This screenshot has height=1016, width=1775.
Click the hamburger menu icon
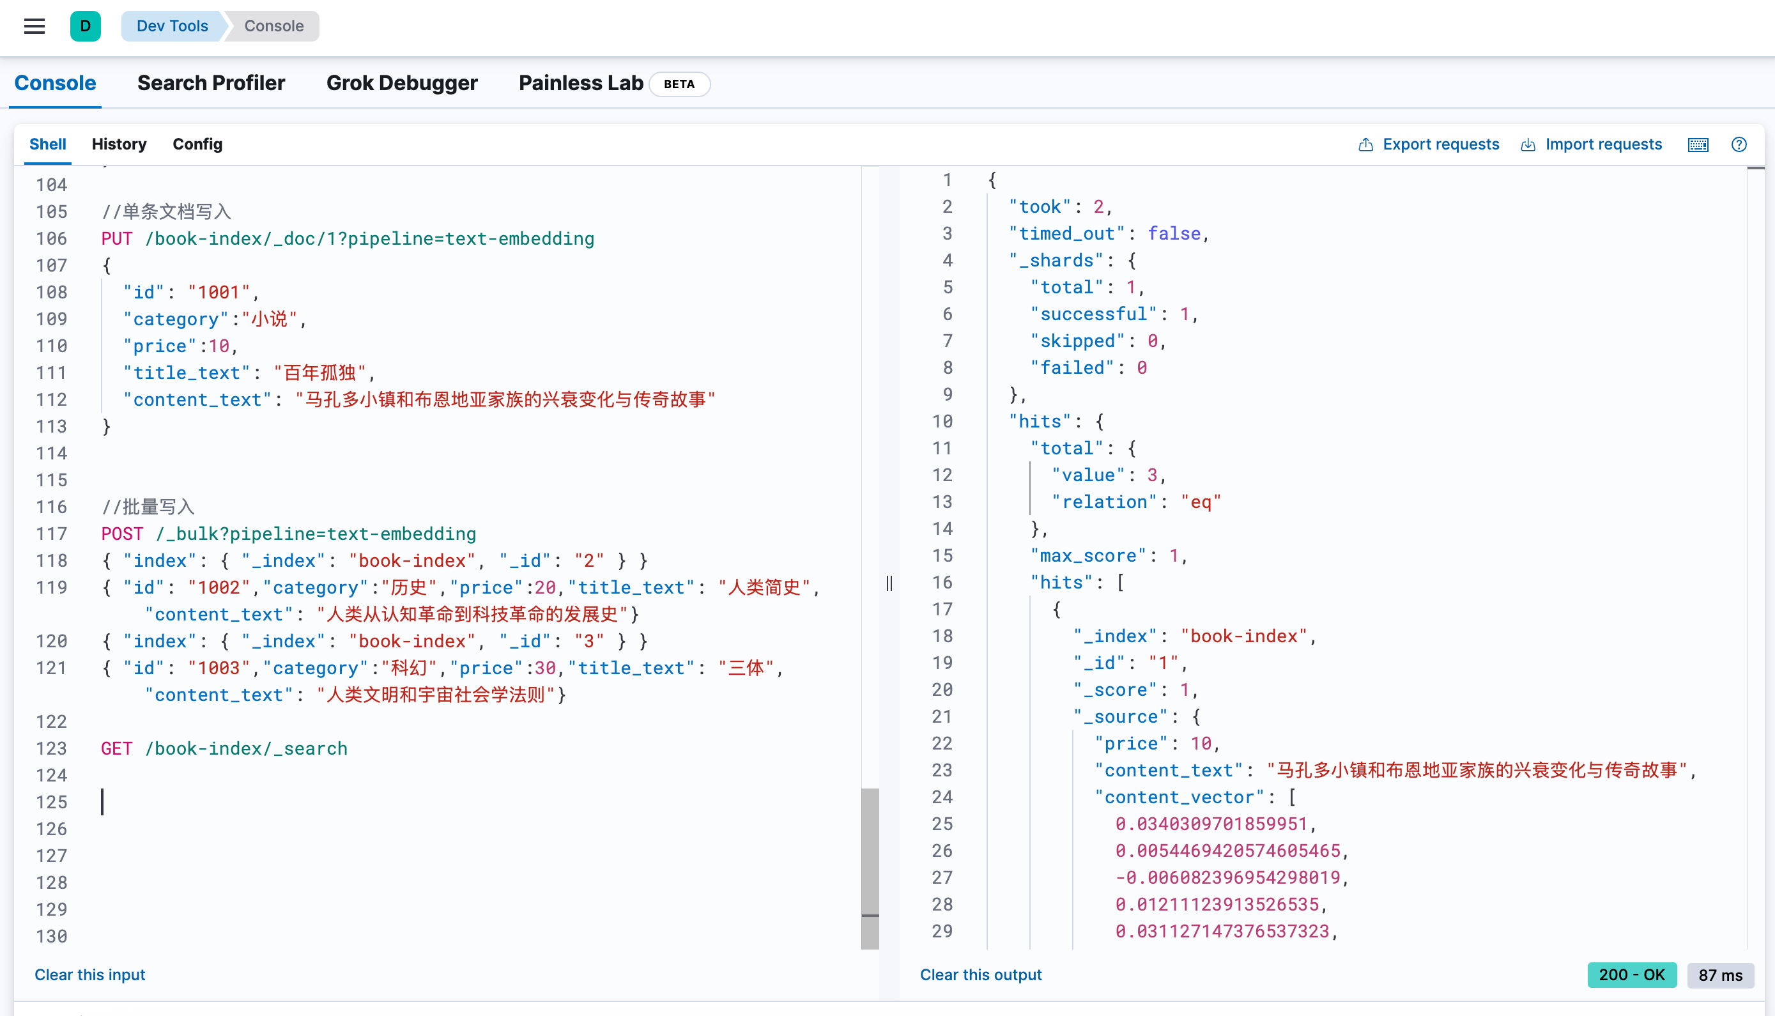35,26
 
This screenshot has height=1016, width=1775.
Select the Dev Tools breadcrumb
173,26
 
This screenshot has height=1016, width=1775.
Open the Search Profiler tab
211,83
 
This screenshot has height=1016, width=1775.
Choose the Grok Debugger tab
402,83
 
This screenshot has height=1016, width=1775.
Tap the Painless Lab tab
581,83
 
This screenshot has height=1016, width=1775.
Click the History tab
119,144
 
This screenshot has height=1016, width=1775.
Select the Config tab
197,144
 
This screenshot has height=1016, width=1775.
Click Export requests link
1428,144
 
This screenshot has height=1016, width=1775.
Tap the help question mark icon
1739,144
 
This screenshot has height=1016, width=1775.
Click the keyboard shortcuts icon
1698,144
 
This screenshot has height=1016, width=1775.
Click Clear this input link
90,975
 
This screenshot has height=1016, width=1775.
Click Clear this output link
981,975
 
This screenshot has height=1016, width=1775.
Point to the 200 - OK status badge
1632,975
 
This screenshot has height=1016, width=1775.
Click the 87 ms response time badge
1721,975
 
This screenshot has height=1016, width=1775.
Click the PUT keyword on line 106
116,238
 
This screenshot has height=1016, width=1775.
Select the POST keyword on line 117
122,534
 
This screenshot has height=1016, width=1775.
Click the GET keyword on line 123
116,749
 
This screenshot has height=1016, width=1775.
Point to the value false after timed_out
1174,234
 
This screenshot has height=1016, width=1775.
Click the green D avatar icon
85,26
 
